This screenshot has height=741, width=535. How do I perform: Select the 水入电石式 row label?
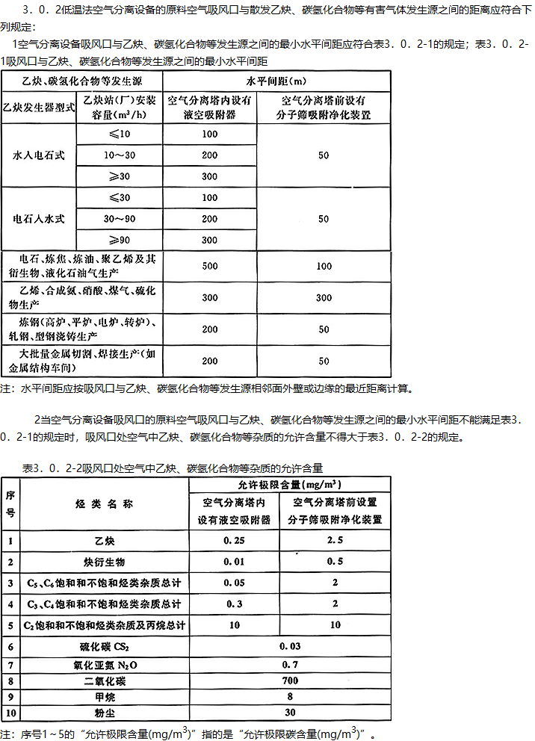pyautogui.click(x=40, y=155)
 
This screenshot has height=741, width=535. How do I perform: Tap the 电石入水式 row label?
pyautogui.click(x=40, y=219)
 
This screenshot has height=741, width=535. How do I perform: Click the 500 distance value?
pyautogui.click(x=209, y=266)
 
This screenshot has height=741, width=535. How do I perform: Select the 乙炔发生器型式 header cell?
pyautogui.click(x=40, y=107)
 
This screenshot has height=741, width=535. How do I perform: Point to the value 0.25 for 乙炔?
pyautogui.click(x=235, y=539)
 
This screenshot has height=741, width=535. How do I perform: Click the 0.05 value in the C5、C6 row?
pyautogui.click(x=235, y=582)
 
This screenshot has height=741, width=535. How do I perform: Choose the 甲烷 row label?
pyautogui.click(x=104, y=697)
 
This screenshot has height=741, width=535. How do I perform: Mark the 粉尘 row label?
pyautogui.click(x=104, y=713)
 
